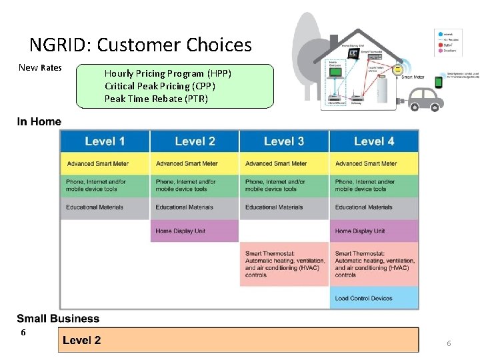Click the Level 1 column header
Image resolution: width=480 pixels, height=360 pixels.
pyautogui.click(x=105, y=141)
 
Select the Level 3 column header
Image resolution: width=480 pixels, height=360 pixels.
pyautogui.click(x=284, y=141)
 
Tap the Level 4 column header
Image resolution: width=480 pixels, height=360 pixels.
pyautogui.click(x=374, y=141)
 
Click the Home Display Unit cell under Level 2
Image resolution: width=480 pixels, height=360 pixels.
pyautogui.click(x=194, y=231)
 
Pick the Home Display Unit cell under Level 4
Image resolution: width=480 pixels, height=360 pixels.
pyautogui.click(x=374, y=231)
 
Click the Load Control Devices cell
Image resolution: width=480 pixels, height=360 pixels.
pyautogui.click(x=374, y=298)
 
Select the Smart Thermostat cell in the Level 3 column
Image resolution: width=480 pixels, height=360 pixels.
pyautogui.click(x=284, y=264)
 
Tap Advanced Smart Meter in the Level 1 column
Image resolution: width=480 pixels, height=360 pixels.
pyautogui.click(x=105, y=163)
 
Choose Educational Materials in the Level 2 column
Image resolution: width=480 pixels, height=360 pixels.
pyautogui.click(x=194, y=207)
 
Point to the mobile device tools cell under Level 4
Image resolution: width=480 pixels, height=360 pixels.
pyautogui.click(x=374, y=185)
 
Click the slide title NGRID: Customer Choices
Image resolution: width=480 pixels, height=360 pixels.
pyautogui.click(x=141, y=45)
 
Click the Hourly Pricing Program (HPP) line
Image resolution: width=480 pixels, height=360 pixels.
pyautogui.click(x=167, y=73)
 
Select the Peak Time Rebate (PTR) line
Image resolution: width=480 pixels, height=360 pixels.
pyautogui.click(x=156, y=99)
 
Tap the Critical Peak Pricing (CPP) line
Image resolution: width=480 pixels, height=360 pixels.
pyautogui.click(x=160, y=86)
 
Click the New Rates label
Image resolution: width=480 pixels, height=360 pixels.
pyautogui.click(x=40, y=67)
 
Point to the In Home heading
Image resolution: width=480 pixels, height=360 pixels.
pyautogui.click(x=39, y=121)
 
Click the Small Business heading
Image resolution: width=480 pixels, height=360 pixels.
pyautogui.click(x=58, y=319)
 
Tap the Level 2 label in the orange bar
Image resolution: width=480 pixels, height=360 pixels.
pyautogui.click(x=82, y=340)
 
